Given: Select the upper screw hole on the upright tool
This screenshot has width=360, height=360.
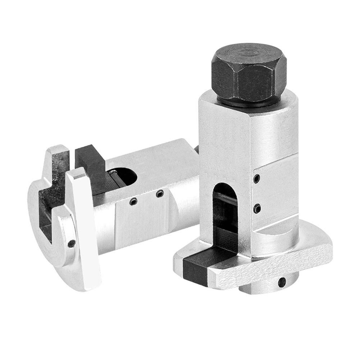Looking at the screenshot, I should (x=256, y=178).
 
